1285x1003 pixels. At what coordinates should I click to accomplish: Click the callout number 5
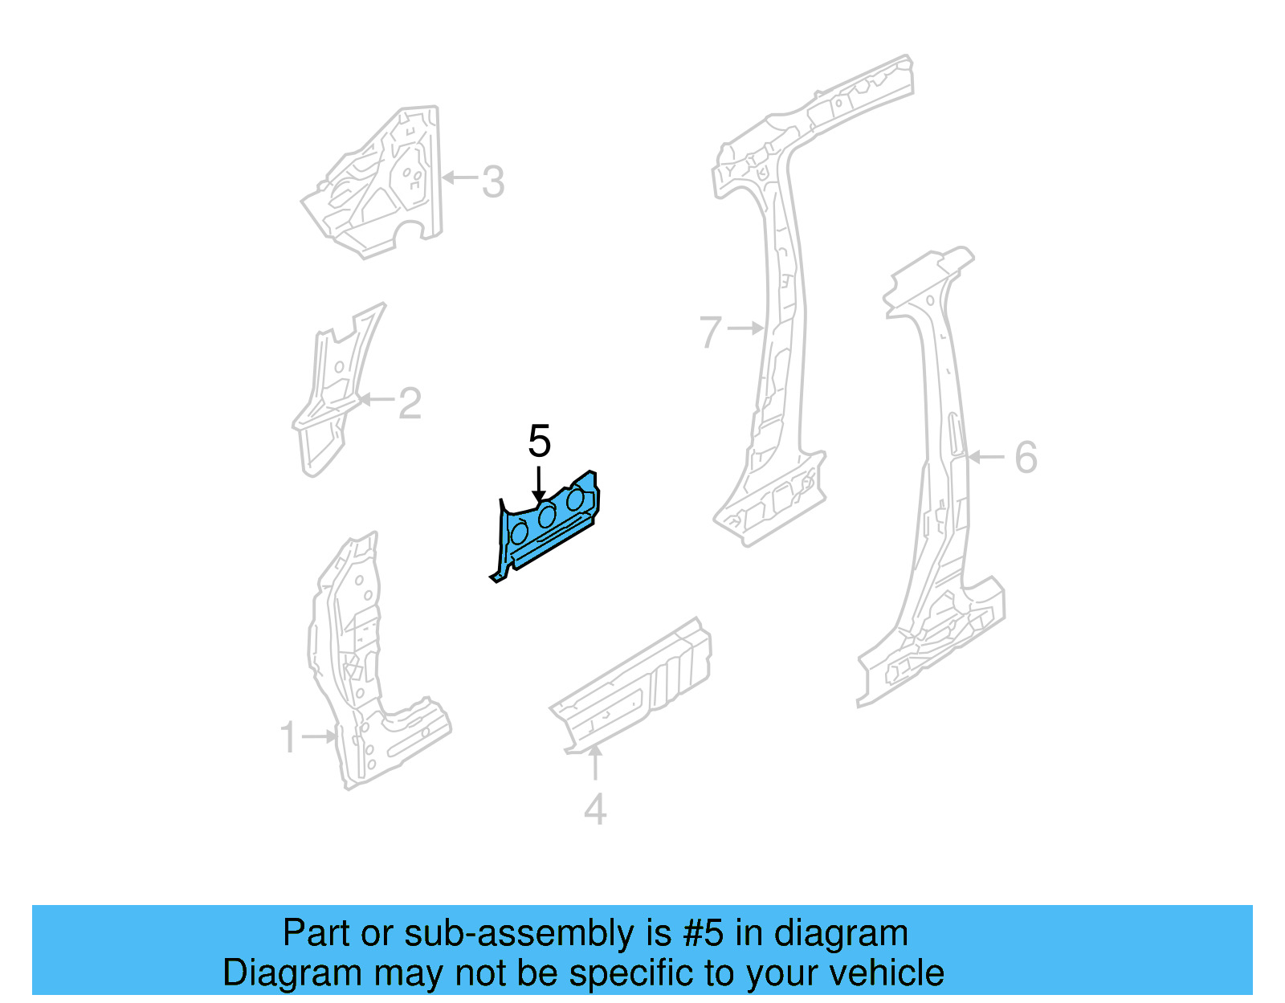click(x=539, y=442)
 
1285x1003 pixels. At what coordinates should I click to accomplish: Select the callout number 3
click(x=493, y=181)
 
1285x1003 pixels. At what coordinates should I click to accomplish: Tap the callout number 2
click(x=410, y=403)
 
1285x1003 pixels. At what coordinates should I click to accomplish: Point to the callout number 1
click(x=288, y=737)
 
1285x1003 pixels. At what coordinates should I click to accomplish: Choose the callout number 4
click(x=595, y=809)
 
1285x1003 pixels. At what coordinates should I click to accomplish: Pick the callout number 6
click(x=1026, y=458)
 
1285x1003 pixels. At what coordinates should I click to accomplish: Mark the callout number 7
click(x=711, y=332)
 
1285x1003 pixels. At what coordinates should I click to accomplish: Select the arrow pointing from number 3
click(x=459, y=177)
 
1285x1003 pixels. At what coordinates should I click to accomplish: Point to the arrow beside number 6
click(x=986, y=457)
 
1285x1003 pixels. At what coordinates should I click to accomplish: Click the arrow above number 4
click(x=595, y=763)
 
